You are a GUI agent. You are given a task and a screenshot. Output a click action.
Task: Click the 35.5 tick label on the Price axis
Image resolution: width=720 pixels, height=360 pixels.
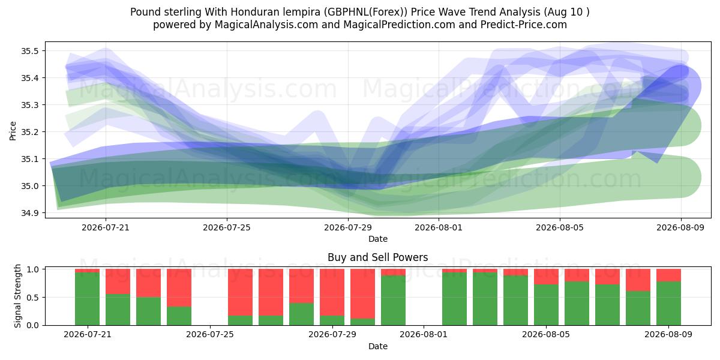click(30, 51)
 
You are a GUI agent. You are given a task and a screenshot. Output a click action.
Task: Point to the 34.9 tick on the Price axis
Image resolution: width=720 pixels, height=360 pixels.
click(30, 213)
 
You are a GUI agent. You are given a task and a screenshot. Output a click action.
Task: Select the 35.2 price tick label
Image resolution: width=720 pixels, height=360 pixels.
click(30, 132)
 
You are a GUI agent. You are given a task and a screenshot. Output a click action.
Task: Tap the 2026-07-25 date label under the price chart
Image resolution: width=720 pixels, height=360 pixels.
click(227, 227)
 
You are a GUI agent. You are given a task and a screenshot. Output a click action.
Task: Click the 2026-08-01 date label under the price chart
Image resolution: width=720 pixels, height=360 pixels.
click(439, 227)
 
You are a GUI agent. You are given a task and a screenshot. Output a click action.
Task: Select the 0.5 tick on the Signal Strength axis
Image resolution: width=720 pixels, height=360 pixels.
click(33, 298)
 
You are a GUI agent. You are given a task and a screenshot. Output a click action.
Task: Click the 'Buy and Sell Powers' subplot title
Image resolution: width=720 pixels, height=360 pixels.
click(377, 257)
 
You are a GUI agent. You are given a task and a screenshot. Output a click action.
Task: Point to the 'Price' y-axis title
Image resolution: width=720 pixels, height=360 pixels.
click(13, 131)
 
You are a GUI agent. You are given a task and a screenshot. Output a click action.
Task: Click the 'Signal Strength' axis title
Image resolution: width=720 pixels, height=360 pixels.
click(17, 296)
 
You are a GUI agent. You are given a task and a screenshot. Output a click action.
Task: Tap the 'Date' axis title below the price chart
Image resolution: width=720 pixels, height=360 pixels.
click(377, 239)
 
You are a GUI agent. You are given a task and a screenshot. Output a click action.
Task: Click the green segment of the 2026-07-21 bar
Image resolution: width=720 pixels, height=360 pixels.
click(87, 299)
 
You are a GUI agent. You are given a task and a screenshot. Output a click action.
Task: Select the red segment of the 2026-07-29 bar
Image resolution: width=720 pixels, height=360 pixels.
click(332, 292)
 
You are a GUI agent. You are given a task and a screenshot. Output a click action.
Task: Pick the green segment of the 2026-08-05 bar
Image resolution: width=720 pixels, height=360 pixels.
click(547, 305)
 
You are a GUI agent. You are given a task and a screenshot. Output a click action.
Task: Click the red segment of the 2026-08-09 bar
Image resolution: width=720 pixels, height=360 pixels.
click(668, 275)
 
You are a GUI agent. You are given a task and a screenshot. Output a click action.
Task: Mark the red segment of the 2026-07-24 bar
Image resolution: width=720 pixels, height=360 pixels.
click(179, 287)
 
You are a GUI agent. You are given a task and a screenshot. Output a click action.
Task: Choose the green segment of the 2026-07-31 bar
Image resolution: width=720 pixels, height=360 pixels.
click(394, 300)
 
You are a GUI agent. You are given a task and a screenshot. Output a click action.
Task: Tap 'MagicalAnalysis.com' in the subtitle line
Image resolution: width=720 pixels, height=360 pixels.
click(266, 25)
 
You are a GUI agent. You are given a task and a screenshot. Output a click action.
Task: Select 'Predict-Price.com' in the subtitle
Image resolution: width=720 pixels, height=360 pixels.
click(524, 25)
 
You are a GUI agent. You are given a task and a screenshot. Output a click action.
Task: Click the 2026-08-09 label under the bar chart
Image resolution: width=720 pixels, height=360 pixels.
click(668, 335)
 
